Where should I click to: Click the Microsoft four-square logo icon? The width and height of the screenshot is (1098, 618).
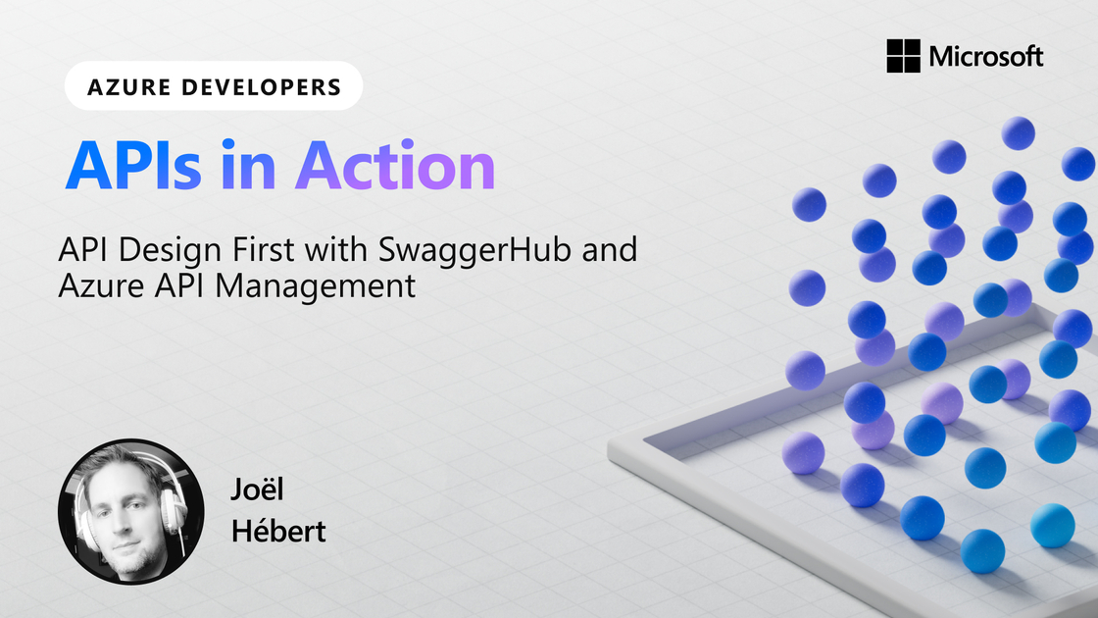point(903,56)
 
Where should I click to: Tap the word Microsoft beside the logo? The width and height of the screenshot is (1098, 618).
point(986,56)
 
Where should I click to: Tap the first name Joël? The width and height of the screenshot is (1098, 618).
point(257,490)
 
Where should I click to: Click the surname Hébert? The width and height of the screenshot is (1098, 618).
point(278,531)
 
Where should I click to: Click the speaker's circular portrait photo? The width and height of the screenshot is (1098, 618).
point(131,511)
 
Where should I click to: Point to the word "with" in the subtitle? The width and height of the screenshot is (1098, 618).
point(339,250)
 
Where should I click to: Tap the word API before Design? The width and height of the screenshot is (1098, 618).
point(82,250)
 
